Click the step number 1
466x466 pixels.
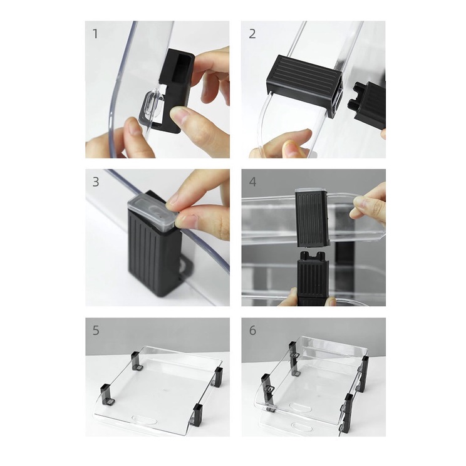[95, 34]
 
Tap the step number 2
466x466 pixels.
[252, 34]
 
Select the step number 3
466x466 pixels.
[95, 182]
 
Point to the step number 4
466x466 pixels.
[252, 182]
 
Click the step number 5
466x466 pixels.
[95, 331]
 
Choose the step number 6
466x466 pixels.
[252, 331]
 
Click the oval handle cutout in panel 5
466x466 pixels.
[145, 420]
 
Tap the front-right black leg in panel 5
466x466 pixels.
[197, 413]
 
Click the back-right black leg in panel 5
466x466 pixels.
[219, 377]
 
